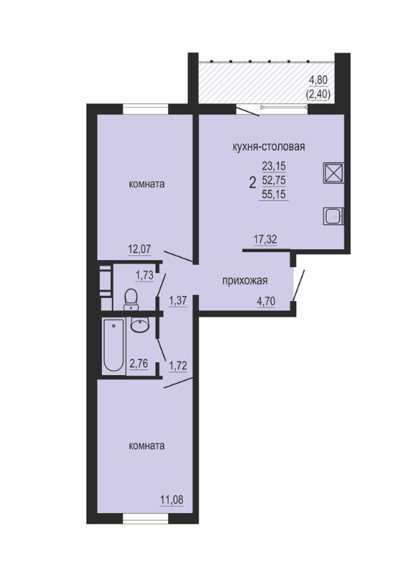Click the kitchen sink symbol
coord(333,216)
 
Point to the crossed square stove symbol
coord(333,172)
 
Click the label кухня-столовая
coord(269,147)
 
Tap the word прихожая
coord(245,281)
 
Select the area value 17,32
coord(265,240)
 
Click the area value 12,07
coord(139,249)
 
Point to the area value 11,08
coord(171,499)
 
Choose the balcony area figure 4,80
coord(318,80)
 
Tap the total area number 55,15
coord(273,195)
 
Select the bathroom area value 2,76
coord(138,364)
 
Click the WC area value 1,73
coord(144,275)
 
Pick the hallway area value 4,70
coord(266,302)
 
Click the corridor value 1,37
coord(178,300)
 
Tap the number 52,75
coord(273,180)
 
